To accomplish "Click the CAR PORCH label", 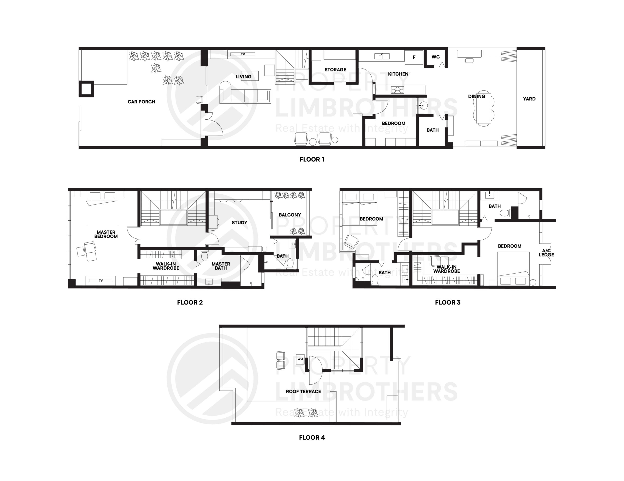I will (141, 102).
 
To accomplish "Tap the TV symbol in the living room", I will (243, 54).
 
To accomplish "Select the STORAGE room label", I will (335, 69).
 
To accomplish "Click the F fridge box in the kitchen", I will (414, 58).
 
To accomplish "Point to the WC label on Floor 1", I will (435, 57).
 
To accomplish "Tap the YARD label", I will (529, 99).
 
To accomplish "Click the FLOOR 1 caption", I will (312, 159).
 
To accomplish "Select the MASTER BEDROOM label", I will (106, 234).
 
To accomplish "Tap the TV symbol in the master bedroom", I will (101, 281).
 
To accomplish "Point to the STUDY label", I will (239, 223).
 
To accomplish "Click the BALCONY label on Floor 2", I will (290, 215).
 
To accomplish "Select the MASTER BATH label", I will (221, 266).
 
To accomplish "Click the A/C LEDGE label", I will (546, 253).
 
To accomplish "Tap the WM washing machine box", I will (300, 359).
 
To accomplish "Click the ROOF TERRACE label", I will (303, 392).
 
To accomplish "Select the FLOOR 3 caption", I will (448, 303).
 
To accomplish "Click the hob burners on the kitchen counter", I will (397, 90).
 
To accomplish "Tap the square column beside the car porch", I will (86, 89).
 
